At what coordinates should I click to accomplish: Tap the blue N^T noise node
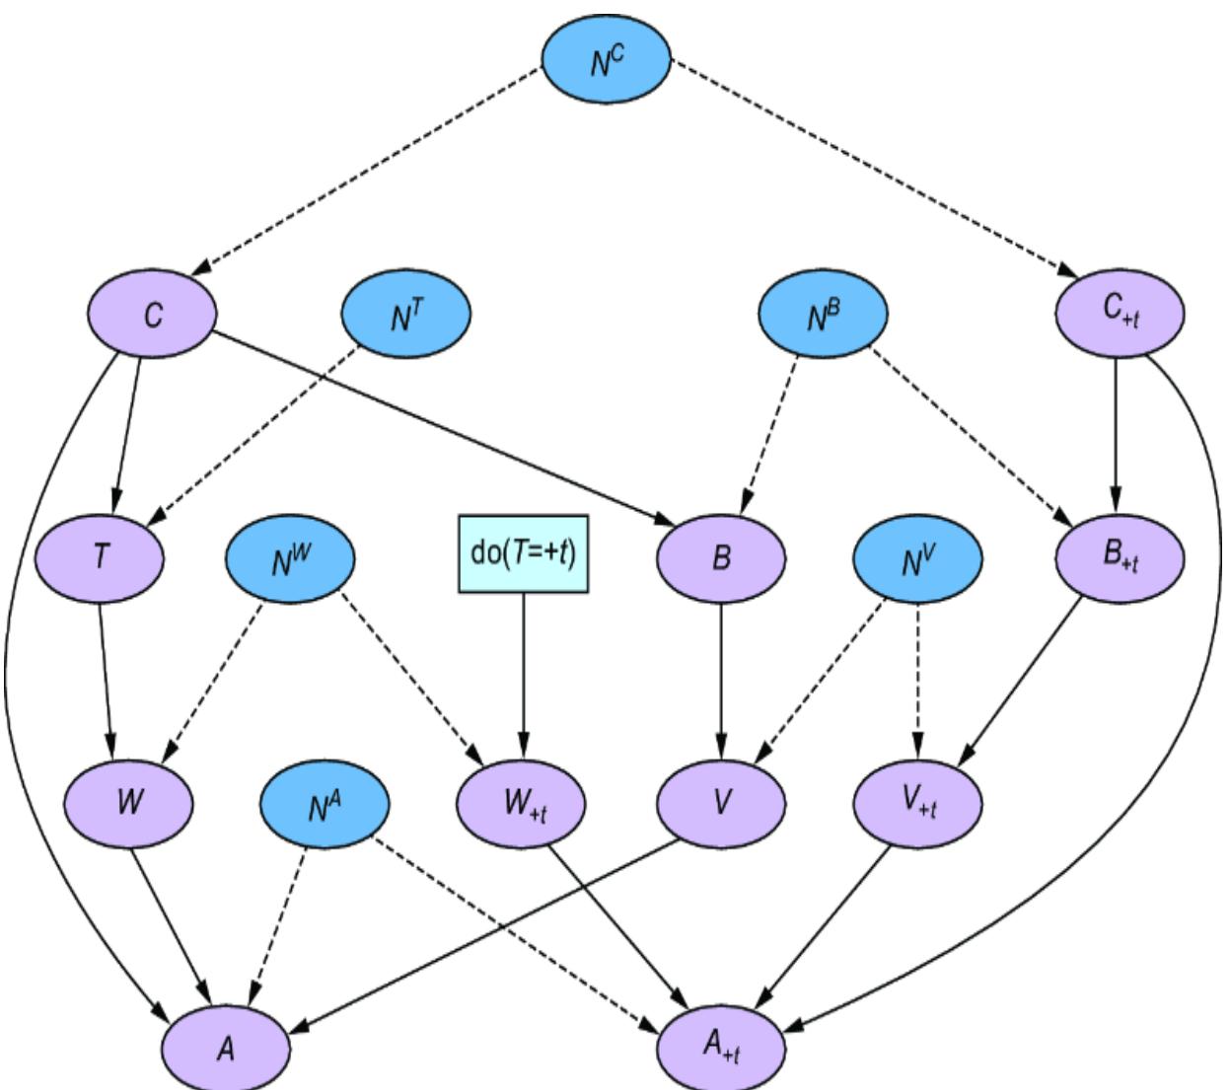(x=405, y=316)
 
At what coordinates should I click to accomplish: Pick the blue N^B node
(x=823, y=316)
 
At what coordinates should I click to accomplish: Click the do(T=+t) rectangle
(x=524, y=553)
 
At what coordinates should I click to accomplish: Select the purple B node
(x=721, y=558)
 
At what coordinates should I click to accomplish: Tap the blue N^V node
(x=918, y=558)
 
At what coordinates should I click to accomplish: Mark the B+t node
(x=1120, y=558)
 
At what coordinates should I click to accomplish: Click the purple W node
(x=129, y=801)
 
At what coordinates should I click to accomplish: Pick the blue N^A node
(x=325, y=801)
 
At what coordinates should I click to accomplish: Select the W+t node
(x=524, y=801)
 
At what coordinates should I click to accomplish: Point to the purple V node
(x=721, y=801)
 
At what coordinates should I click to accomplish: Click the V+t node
(x=918, y=801)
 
